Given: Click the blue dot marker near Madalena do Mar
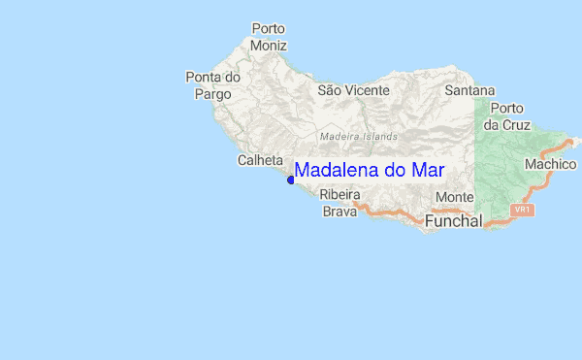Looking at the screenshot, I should pyautogui.click(x=291, y=179).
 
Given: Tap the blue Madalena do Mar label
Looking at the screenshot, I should pyautogui.click(x=370, y=170).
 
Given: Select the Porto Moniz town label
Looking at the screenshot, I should pyautogui.click(x=269, y=37).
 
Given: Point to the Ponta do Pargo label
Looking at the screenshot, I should pyautogui.click(x=212, y=85).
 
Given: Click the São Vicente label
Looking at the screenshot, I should pyautogui.click(x=353, y=89).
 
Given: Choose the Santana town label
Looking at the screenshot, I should pyautogui.click(x=469, y=89).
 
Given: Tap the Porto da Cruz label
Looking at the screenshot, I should pyautogui.click(x=507, y=116).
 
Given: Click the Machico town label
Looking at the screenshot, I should pyautogui.click(x=550, y=165).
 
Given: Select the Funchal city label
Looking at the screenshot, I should pyautogui.click(x=453, y=222).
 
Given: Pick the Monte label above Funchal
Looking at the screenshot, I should pyautogui.click(x=455, y=197).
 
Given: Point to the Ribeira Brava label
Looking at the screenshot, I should pyautogui.click(x=339, y=202).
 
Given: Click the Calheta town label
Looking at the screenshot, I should pyautogui.click(x=260, y=160).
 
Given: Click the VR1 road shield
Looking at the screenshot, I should pyautogui.click(x=523, y=210).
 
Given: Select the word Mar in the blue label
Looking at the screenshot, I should pyautogui.click(x=428, y=170).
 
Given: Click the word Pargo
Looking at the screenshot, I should pyautogui.click(x=213, y=94).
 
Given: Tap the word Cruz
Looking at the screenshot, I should pyautogui.click(x=508, y=125).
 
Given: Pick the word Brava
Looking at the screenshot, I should pyautogui.click(x=339, y=211).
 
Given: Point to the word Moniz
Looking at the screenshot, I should pyautogui.click(x=269, y=45).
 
